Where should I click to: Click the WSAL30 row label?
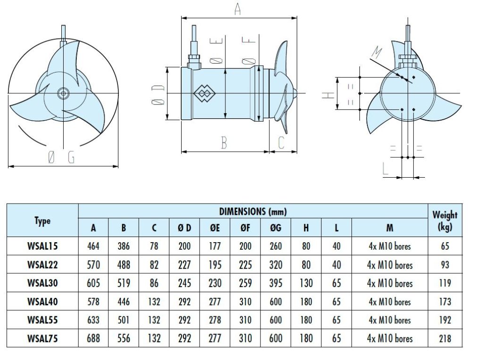click(42, 283)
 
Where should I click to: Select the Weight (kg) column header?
click(445, 220)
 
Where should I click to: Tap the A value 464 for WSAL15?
click(93, 246)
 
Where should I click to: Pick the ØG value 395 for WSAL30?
click(275, 283)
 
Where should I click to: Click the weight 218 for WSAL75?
click(445, 338)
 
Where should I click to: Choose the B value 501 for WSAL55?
click(124, 320)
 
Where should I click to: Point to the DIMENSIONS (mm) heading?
click(253, 212)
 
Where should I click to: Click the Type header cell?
click(42, 221)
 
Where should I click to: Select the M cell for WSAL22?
click(390, 265)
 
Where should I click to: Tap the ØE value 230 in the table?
click(215, 283)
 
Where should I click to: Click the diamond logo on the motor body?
click(203, 93)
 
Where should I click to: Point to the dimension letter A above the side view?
click(237, 9)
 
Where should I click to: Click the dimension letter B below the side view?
click(224, 143)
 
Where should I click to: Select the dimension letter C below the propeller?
click(281, 143)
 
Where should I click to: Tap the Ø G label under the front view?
click(61, 159)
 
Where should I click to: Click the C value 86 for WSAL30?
click(154, 283)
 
